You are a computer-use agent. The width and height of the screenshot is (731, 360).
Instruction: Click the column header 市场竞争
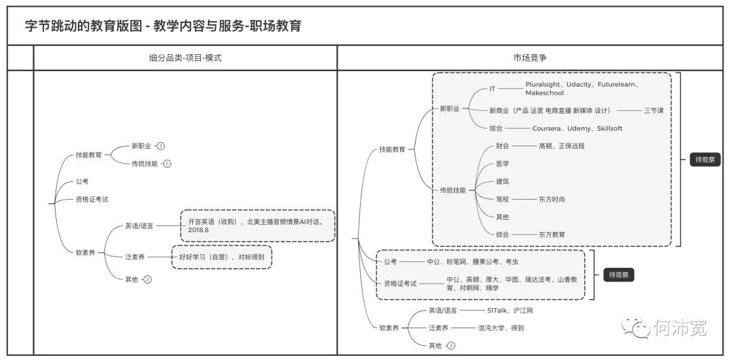pos(531,58)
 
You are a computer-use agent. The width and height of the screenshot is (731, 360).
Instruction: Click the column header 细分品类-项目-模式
pos(185,58)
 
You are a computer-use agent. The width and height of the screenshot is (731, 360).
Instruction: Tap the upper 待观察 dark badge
pos(705,160)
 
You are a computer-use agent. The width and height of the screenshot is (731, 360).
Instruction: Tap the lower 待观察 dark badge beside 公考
pos(619,275)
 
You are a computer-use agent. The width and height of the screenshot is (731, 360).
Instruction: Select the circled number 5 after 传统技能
pos(167,163)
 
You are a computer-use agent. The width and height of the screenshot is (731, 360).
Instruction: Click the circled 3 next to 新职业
pos(161,145)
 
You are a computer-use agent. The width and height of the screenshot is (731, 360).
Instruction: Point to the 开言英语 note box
pos(257,225)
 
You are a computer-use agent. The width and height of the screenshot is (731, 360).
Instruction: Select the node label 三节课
pos(653,110)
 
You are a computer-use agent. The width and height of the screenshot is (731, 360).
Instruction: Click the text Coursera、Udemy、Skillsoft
pos(577,128)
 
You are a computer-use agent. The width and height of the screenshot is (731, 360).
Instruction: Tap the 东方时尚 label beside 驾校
pos(552,199)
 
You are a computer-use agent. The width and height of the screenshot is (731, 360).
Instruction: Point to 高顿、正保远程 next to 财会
pos(561,145)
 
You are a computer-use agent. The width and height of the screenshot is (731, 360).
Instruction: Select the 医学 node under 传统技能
pos(502,164)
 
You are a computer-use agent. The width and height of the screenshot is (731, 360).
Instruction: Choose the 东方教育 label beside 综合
pos(552,234)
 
